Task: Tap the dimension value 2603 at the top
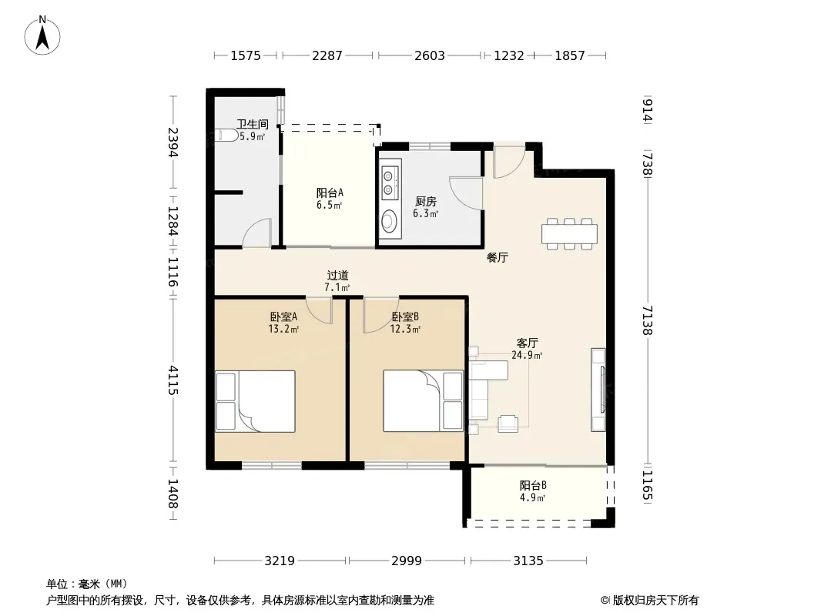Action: click(x=429, y=55)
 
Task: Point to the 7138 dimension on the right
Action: click(x=648, y=320)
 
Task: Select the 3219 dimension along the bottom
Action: click(x=280, y=561)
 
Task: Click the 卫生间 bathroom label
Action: click(x=253, y=124)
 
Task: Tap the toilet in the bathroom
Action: click(x=226, y=135)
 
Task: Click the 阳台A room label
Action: click(x=330, y=192)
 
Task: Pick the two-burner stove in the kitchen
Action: click(x=390, y=182)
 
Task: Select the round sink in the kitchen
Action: click(x=388, y=220)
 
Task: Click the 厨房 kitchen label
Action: click(x=426, y=201)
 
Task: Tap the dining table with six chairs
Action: click(x=569, y=233)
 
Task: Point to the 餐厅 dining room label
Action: click(x=497, y=257)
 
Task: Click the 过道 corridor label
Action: click(x=337, y=276)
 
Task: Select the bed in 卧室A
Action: click(x=256, y=401)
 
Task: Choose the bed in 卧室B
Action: click(x=423, y=401)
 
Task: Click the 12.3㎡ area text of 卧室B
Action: click(x=405, y=330)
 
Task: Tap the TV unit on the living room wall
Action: click(x=598, y=390)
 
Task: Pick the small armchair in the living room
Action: click(x=508, y=423)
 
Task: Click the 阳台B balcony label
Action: click(x=533, y=485)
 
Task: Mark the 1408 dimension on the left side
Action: click(x=173, y=494)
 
